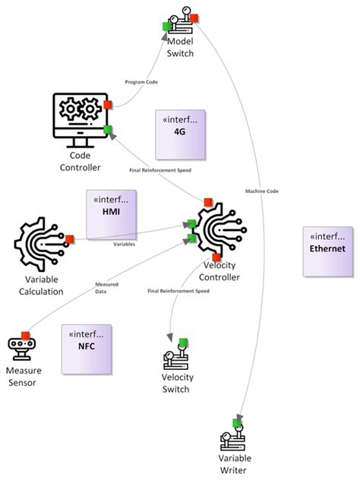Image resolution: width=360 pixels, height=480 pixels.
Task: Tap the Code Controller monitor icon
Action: click(79, 120)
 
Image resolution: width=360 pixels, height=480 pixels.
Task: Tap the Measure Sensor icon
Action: click(24, 348)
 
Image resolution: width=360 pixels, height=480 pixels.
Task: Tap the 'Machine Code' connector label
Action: click(262, 191)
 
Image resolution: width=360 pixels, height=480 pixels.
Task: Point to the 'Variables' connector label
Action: click(125, 245)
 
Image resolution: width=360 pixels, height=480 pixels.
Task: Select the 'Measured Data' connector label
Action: click(106, 288)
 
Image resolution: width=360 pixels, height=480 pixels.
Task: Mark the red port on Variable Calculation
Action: click(70, 239)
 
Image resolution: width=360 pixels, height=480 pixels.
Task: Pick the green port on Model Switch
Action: click(166, 27)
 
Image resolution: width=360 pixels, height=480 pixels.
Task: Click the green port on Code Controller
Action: click(109, 130)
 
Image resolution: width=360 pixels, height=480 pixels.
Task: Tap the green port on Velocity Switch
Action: click(183, 343)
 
